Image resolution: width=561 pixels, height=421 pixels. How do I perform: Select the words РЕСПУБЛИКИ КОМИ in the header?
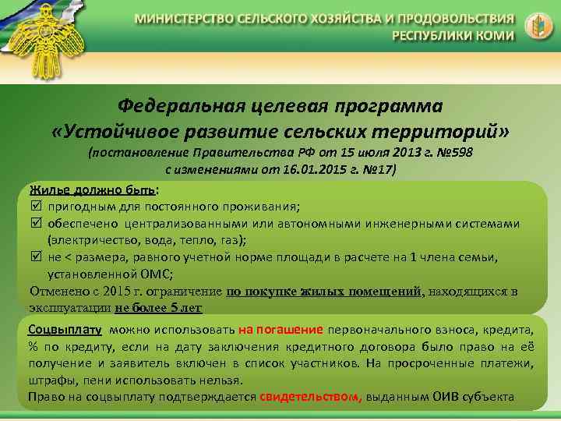coord(453,36)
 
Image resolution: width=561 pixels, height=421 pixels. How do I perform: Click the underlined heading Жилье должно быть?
coord(93,190)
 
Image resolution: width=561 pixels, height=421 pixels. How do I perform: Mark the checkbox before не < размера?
coord(36,258)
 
